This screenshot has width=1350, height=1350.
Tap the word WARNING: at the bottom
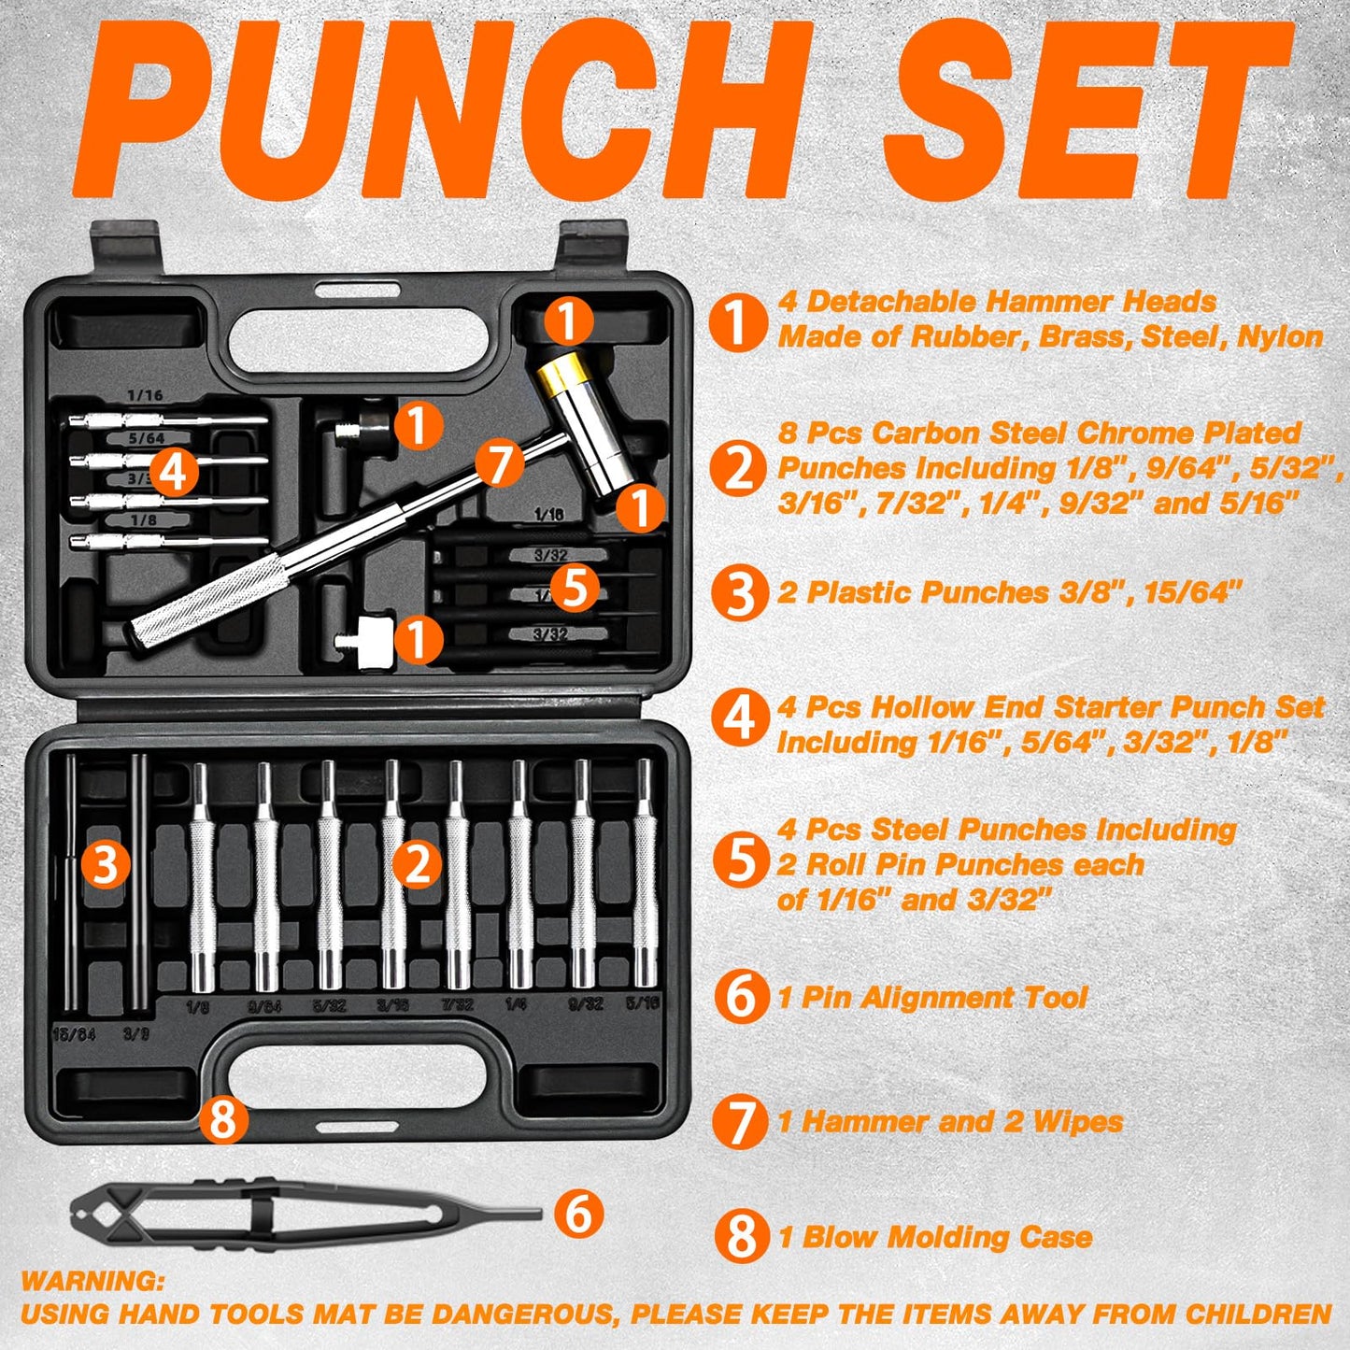tap(92, 1280)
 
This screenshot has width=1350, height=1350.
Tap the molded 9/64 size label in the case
tap(264, 1006)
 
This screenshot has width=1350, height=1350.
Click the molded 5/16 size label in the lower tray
tap(643, 1003)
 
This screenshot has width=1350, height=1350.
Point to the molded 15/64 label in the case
tap(74, 1035)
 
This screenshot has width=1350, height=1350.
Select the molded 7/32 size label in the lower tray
tap(457, 1004)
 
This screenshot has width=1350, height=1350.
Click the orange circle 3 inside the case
tap(105, 864)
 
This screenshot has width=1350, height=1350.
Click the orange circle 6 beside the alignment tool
tap(579, 1214)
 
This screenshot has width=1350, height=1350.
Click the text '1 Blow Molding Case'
tap(935, 1237)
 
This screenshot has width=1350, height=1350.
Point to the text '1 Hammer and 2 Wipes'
tap(950, 1121)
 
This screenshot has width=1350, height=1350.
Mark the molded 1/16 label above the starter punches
tap(144, 395)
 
